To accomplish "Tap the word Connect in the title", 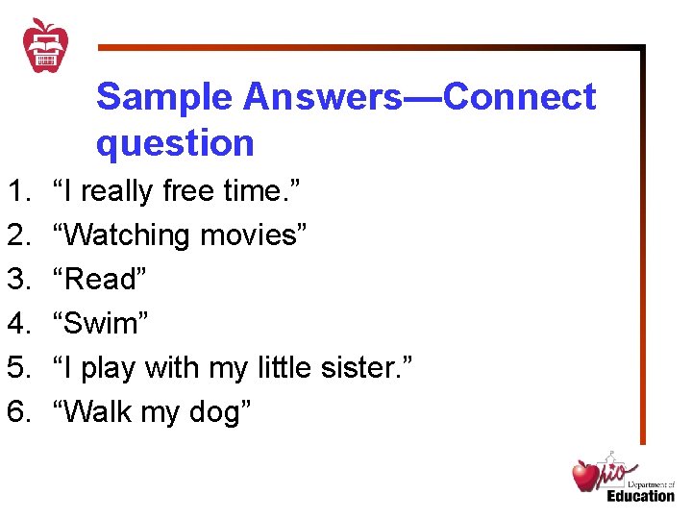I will point(520,97).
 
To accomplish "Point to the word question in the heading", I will point(175,143).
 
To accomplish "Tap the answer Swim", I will point(101,324).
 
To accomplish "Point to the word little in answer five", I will point(287,368).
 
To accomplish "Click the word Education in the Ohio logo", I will point(640,496).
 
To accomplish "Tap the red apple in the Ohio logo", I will point(585,476).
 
